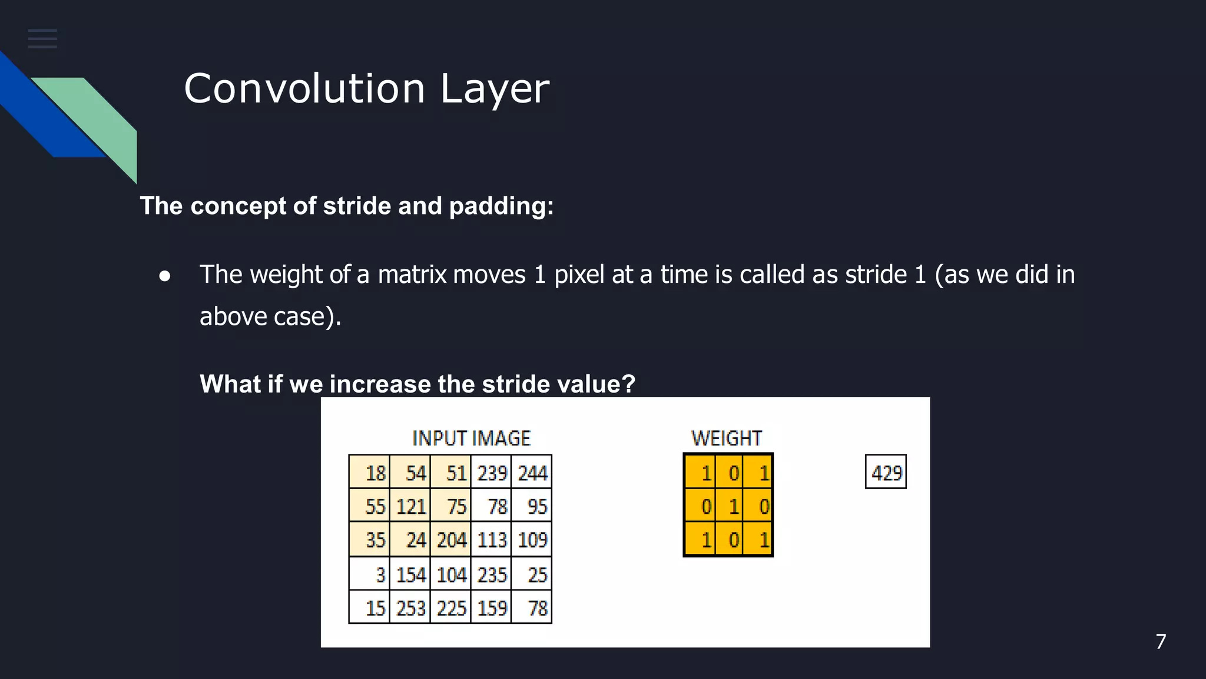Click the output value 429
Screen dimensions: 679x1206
pos(886,472)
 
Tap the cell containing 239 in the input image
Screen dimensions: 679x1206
pos(491,472)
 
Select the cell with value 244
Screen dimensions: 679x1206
pos(532,472)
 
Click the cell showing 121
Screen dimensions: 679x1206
pos(410,506)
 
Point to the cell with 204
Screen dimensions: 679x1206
pos(451,540)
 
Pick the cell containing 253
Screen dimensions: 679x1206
pos(410,608)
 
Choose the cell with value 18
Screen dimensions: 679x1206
pos(370,472)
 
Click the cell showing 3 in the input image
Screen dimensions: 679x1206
pos(370,574)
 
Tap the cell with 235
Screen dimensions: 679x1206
pos(491,574)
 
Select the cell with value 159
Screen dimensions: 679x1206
pos(491,608)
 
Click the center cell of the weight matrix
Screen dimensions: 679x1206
pos(729,506)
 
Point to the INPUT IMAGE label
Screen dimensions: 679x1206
pos(471,439)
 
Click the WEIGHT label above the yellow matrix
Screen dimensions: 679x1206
pos(727,439)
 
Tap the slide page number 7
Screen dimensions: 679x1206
pos(1161,641)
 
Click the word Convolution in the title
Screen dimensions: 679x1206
pos(304,89)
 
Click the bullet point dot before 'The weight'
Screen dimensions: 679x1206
pos(165,276)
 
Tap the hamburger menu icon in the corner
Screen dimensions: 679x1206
pos(42,39)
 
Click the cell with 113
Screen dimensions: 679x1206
pos(491,540)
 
